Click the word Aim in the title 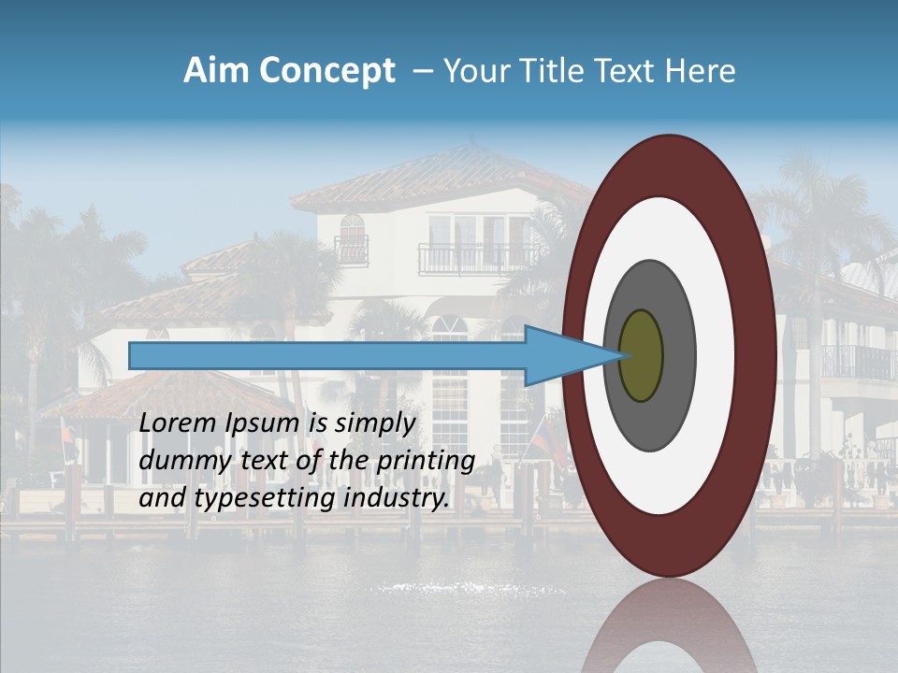[215, 71]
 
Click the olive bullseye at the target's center [641, 355]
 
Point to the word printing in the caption [427, 461]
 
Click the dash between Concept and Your [423, 71]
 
